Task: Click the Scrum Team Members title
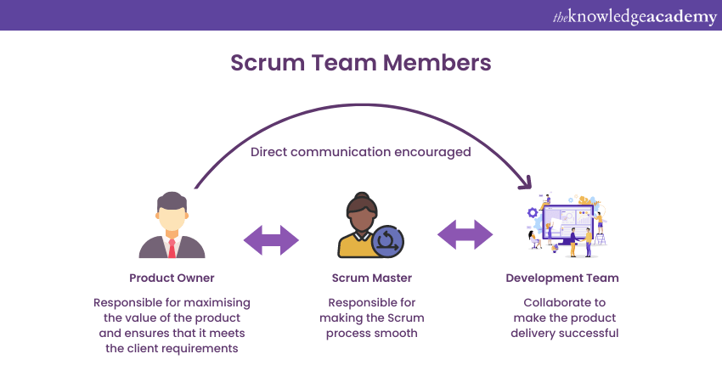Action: coord(360,63)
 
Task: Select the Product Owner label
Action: coord(172,278)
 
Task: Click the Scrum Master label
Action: coord(371,278)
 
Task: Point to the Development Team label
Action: coord(561,278)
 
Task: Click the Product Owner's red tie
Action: coord(172,248)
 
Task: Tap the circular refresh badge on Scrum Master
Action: coord(388,240)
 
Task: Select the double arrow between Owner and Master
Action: coord(271,240)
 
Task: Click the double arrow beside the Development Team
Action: coord(465,234)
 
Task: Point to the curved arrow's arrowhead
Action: coord(527,183)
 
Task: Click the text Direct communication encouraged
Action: coord(360,152)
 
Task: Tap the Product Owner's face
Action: coord(172,217)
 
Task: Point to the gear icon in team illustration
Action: coord(533,212)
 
